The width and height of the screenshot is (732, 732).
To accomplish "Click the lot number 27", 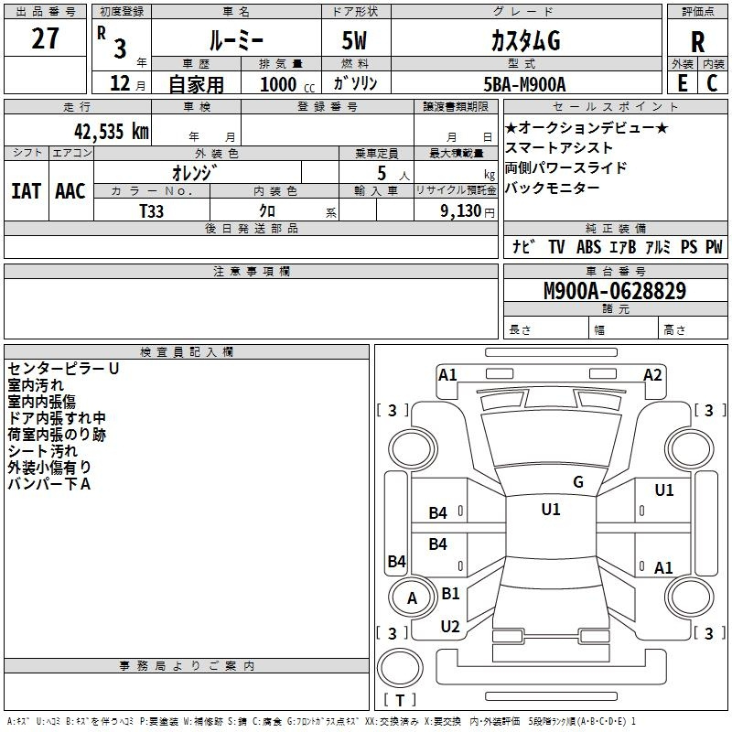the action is coord(45,38).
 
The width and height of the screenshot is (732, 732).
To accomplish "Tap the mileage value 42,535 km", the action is coord(112,131).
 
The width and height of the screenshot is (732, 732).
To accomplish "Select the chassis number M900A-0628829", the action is coord(615,290).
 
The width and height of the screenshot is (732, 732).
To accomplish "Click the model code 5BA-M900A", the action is coord(524,84).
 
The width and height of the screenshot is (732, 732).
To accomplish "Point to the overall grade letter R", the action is coord(697,42).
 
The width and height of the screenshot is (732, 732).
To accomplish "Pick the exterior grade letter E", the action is coord(682,83).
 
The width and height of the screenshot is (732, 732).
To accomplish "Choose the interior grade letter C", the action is coord(712,83).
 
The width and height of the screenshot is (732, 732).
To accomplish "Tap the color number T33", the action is coord(151,211).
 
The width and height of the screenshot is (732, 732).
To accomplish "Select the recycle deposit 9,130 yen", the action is coord(468,211).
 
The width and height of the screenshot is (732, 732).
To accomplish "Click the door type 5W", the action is coord(354,40).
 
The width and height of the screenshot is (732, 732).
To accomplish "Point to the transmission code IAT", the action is coord(26,191).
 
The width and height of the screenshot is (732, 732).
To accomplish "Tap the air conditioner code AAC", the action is coord(70,191).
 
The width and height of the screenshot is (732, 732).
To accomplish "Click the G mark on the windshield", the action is coord(578,482).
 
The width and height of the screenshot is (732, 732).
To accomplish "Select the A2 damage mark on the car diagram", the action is coord(652,375).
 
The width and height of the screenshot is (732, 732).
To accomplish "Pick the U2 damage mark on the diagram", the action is coord(450,626).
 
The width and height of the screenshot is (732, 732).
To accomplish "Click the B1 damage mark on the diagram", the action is coord(450,593).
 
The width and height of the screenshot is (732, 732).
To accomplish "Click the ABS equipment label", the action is coord(588,246).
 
